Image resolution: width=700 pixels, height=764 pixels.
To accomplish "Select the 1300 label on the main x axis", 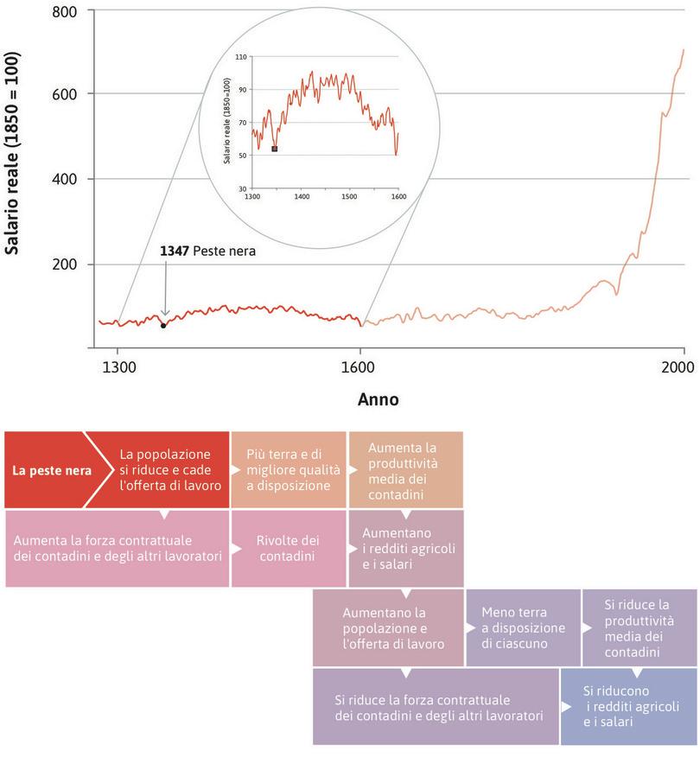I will click(118, 366).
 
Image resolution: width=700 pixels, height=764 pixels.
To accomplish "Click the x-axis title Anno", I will click(378, 400).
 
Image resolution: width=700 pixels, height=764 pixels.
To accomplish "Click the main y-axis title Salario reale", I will click(13, 156).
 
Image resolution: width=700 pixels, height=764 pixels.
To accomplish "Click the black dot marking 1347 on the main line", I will click(163, 326).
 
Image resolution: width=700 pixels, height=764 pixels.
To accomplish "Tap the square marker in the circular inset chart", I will click(275, 149).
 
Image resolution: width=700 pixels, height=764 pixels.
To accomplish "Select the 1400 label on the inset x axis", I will click(302, 197).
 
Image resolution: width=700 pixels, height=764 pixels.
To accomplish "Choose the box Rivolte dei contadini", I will click(287, 548).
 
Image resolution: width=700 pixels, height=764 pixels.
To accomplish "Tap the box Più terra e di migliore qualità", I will click(287, 469).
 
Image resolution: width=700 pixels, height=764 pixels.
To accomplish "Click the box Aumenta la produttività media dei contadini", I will click(405, 469).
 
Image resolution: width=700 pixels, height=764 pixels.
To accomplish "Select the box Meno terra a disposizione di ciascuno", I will click(523, 627).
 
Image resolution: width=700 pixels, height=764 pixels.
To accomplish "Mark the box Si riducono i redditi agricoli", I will click(628, 706).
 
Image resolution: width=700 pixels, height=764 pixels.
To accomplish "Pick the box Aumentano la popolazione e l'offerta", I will click(388, 627).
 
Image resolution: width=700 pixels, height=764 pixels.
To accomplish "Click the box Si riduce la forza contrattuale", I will click(436, 706).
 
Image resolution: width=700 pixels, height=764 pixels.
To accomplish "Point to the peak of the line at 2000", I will click(683, 50).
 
